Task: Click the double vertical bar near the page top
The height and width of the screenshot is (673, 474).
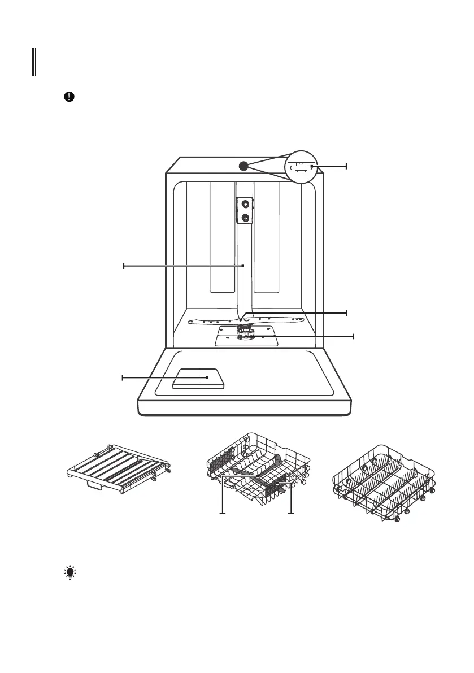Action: tap(34, 62)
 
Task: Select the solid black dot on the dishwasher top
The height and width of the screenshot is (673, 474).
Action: tap(243, 166)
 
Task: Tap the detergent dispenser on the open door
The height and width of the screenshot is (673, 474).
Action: tap(199, 378)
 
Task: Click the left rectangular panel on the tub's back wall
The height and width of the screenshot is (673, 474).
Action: tap(222, 237)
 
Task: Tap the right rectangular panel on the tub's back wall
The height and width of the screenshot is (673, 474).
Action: tap(267, 237)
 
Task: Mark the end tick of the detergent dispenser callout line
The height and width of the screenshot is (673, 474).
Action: tap(123, 377)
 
